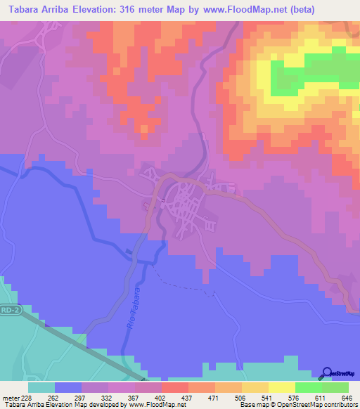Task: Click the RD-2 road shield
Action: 11,309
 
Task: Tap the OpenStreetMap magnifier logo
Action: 328,372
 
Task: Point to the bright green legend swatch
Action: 307,387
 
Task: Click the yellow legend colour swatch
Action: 281,387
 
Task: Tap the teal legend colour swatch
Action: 41,387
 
